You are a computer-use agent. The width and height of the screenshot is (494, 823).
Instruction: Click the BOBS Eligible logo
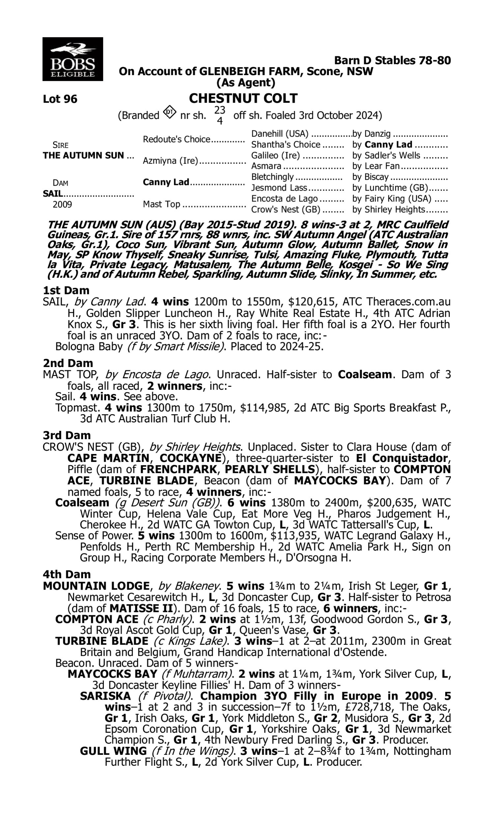[x=72, y=59]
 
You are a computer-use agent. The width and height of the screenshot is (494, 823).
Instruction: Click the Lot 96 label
[x=60, y=99]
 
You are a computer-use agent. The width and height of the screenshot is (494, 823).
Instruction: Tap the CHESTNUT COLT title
[x=243, y=98]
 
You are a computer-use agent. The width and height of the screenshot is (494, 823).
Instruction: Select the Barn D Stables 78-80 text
[x=392, y=60]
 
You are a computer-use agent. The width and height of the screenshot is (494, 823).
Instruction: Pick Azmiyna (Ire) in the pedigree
[x=170, y=161]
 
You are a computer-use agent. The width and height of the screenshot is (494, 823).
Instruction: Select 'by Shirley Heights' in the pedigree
[x=389, y=210]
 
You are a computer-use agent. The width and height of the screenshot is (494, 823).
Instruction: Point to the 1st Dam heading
[x=66, y=290]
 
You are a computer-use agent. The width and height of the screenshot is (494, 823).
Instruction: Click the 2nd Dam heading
[x=68, y=363]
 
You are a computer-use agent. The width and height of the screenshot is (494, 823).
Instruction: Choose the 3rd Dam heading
[x=67, y=435]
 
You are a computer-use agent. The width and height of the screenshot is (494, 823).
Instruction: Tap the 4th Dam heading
[x=67, y=574]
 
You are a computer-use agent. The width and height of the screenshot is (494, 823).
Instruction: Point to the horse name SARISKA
[x=105, y=696]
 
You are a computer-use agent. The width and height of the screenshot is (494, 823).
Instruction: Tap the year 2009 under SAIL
[x=62, y=204]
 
